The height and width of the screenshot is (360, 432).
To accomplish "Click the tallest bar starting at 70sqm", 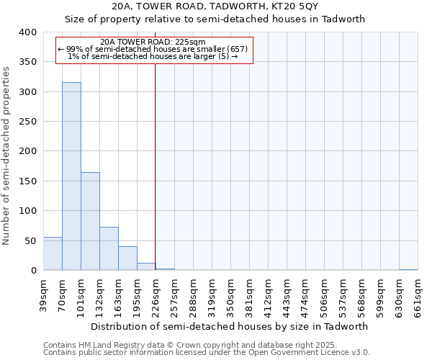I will pos(71,176).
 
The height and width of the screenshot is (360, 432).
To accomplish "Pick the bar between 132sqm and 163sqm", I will pos(109,248).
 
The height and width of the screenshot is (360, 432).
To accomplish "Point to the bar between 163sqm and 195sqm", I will pos(127,258).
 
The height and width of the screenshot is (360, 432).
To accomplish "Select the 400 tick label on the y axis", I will pos(27,32).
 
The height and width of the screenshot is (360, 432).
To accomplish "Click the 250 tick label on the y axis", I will pos(27,122).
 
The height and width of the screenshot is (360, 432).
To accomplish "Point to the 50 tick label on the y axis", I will pos(30,240).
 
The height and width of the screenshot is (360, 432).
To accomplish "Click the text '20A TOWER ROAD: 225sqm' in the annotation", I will pos(153,42).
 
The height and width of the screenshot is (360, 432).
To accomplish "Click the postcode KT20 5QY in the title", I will pos(288,6).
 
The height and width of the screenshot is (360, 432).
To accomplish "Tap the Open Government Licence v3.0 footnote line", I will pos(206,353).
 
